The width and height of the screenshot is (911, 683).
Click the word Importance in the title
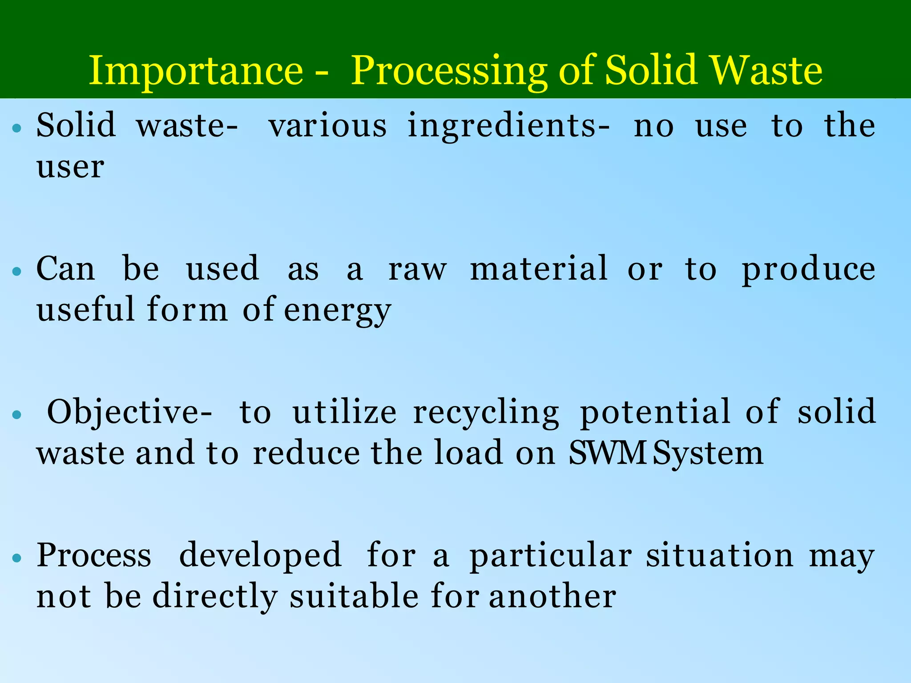tap(196, 71)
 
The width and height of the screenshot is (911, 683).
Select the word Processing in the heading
tap(449, 72)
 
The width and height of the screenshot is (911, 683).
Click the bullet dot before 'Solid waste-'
tap(17, 129)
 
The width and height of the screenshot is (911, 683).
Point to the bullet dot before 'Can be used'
tap(17, 272)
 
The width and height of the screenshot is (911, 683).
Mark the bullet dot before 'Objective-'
tap(17, 415)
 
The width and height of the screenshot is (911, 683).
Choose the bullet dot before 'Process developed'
tap(17, 558)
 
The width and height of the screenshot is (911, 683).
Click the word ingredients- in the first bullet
tap(508, 127)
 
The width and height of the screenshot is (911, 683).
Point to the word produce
tap(808, 270)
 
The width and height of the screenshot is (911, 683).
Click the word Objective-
tap(129, 413)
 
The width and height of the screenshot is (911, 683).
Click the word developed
tap(260, 556)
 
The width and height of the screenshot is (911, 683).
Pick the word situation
tap(719, 555)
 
